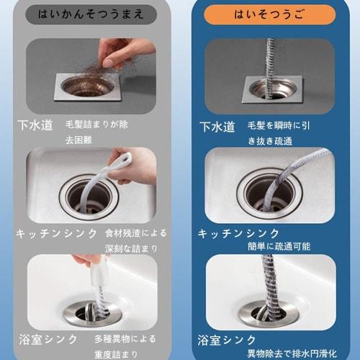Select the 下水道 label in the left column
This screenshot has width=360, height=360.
point(35,125)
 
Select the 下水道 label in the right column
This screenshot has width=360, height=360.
point(217,126)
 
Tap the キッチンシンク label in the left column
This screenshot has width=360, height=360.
point(55,233)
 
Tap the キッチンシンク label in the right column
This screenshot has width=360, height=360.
point(238,234)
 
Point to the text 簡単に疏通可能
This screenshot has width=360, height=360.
point(278,245)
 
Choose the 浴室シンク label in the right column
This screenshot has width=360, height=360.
point(228,339)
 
